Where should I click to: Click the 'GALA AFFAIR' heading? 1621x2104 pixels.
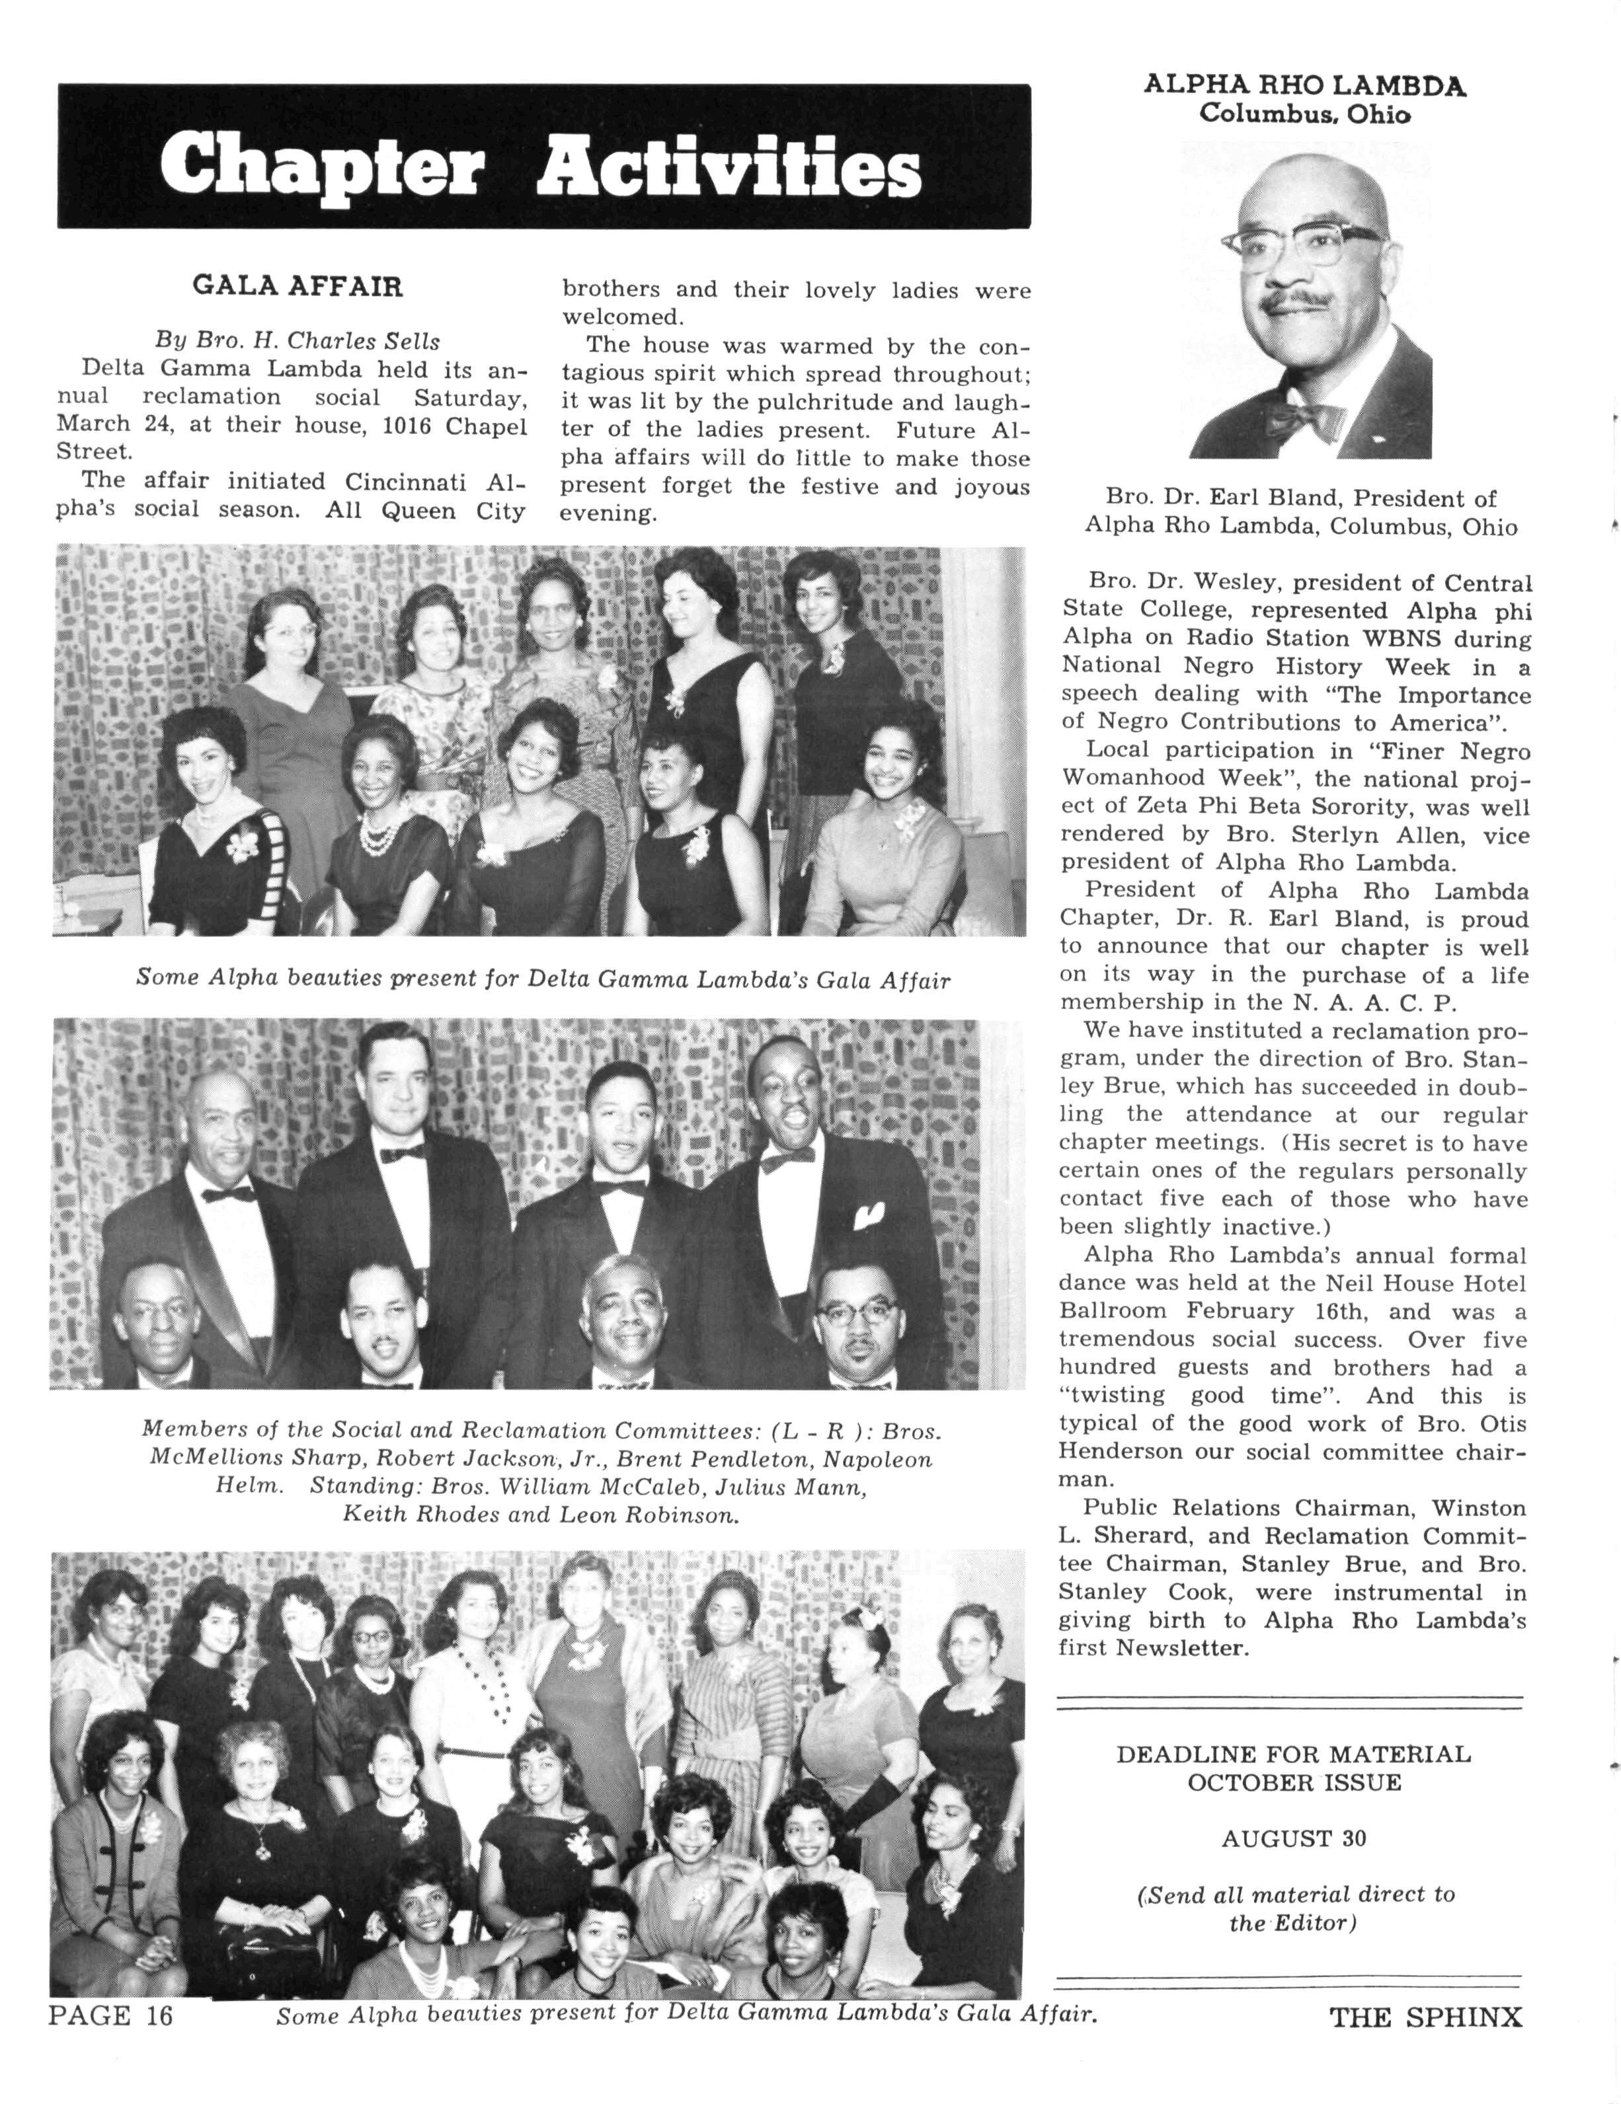[x=297, y=286]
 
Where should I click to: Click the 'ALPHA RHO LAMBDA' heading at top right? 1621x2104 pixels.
[x=1305, y=86]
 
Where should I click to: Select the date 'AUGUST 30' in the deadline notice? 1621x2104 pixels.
[x=1292, y=1838]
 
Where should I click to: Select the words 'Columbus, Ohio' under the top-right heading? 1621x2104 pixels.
[x=1305, y=114]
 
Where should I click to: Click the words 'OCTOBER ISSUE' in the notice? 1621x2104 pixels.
[x=1293, y=1782]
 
